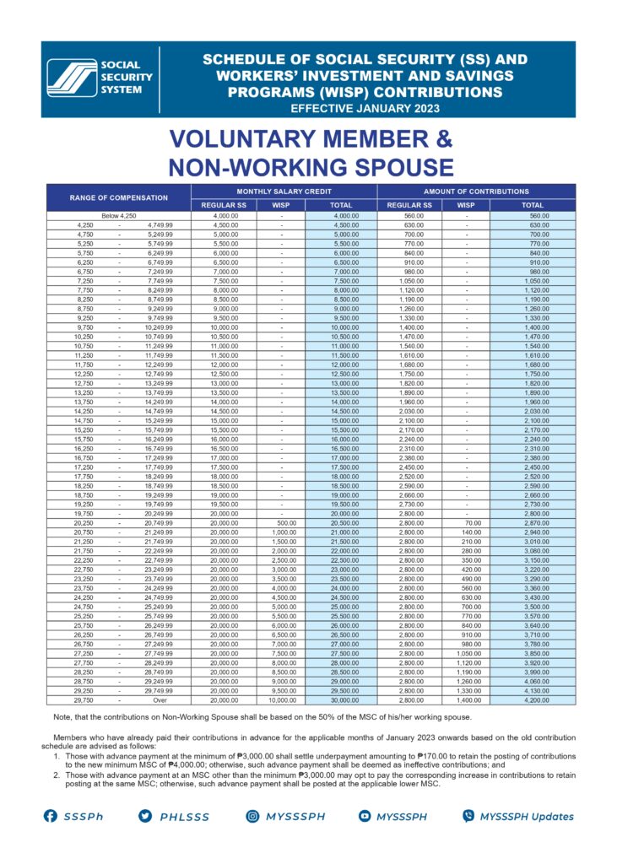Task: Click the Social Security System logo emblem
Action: (x=72, y=78)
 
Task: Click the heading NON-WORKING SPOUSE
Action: (x=311, y=165)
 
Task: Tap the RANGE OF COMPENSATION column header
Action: (x=118, y=197)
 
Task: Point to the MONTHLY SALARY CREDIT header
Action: (x=283, y=192)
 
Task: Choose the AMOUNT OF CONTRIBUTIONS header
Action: (x=476, y=192)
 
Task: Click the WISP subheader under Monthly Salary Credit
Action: (x=281, y=205)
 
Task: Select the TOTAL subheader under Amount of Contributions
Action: (x=533, y=205)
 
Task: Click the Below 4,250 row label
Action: (x=118, y=216)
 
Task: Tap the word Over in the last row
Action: (x=160, y=699)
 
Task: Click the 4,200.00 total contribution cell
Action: (x=533, y=699)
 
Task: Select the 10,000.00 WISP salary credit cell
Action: (x=281, y=699)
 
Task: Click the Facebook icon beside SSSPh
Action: (x=50, y=816)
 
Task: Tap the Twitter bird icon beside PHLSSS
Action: (x=145, y=816)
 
